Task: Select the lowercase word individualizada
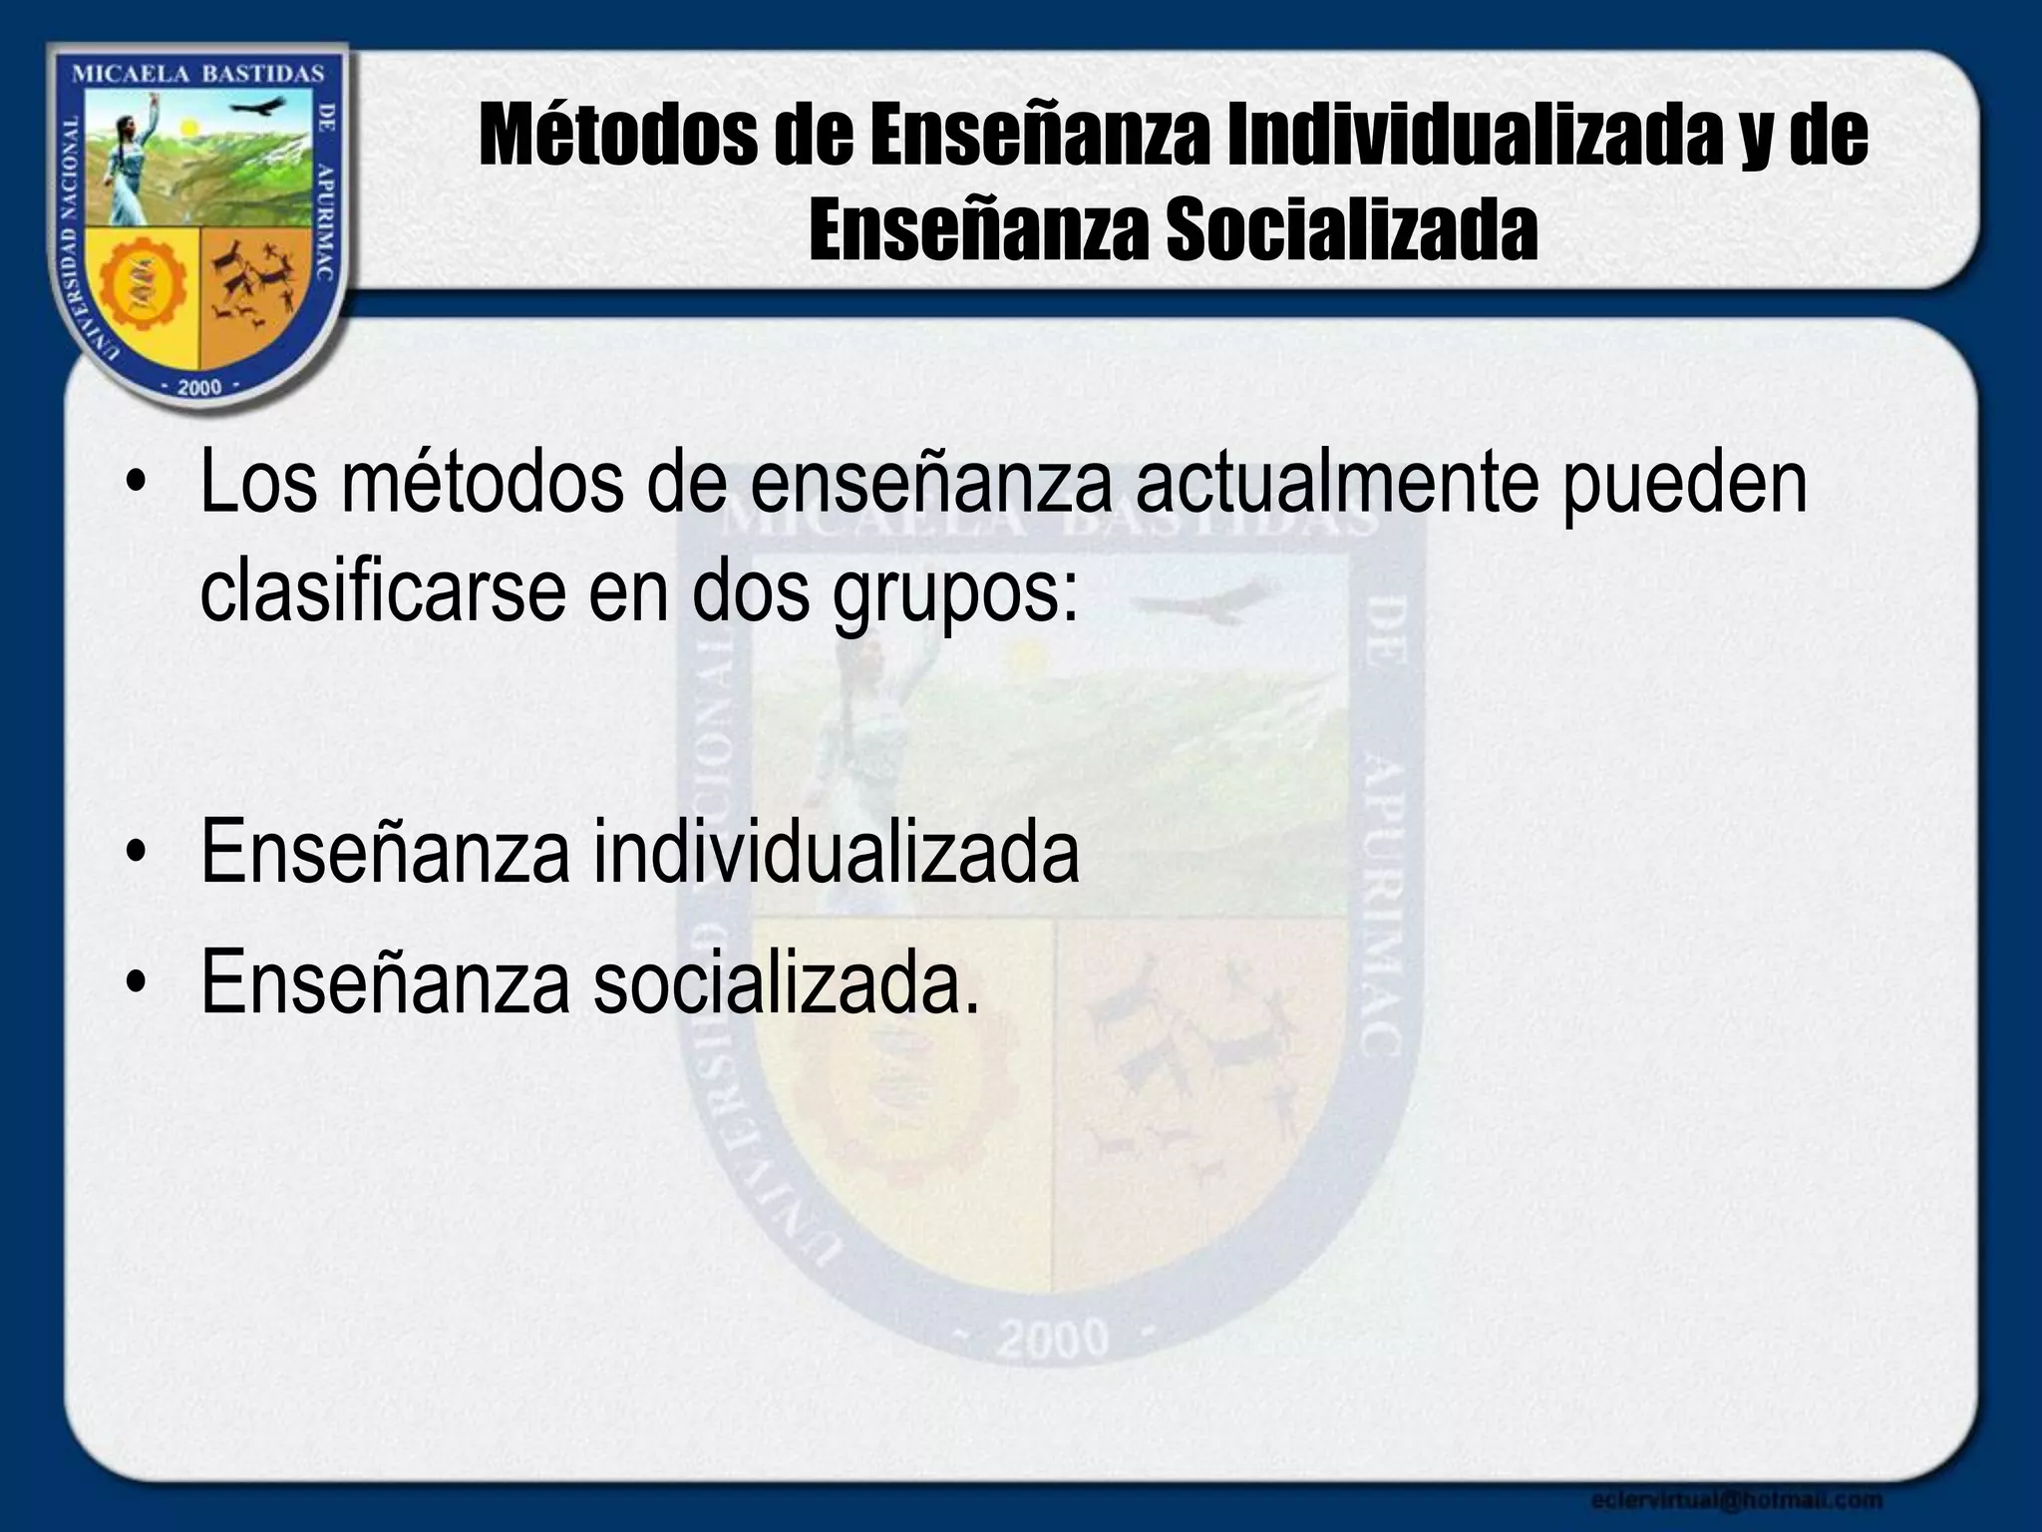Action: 836,852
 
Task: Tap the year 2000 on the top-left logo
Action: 198,387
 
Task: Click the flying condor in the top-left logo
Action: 261,107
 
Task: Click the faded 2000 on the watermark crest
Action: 1054,1339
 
